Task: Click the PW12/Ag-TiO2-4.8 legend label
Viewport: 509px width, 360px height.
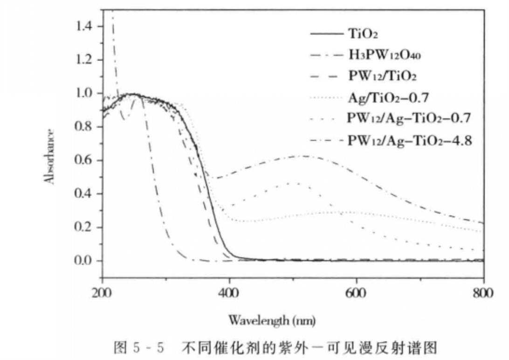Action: (x=410, y=140)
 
